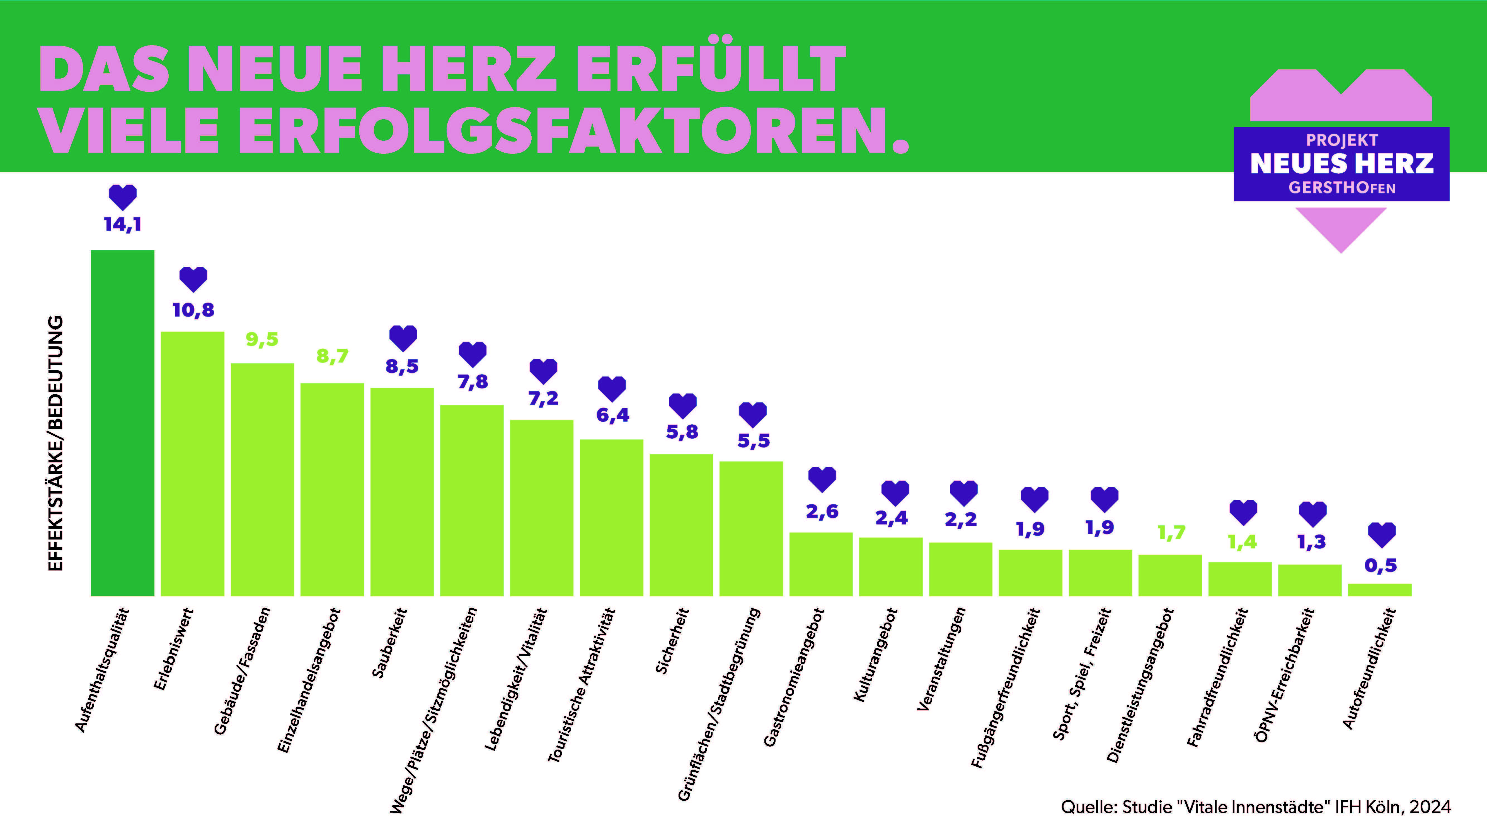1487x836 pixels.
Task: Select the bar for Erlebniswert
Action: click(192, 463)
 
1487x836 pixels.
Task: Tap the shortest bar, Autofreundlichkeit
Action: click(1380, 590)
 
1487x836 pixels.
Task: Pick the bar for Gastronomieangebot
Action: click(821, 564)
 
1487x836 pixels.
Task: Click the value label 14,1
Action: click(122, 224)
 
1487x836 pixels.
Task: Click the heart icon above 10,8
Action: click(193, 279)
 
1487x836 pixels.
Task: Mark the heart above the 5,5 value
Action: click(753, 414)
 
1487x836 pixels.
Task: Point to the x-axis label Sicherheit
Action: click(672, 640)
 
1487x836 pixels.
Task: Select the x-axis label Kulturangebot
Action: click(876, 655)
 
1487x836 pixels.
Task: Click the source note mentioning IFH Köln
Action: click(1256, 806)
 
